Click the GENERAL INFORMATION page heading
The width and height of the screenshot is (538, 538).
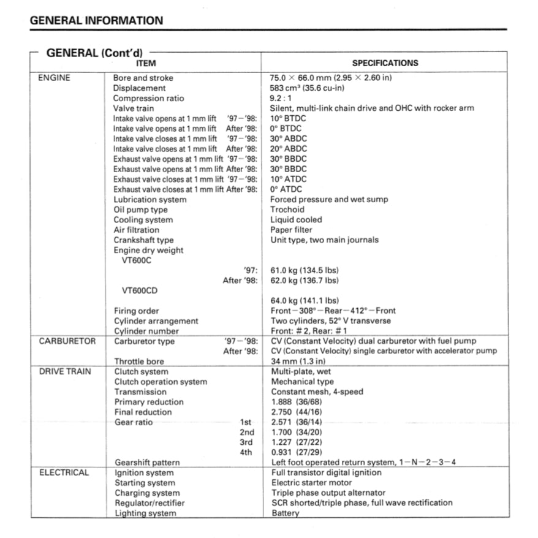click(x=96, y=20)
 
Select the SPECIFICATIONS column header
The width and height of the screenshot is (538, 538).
click(x=385, y=63)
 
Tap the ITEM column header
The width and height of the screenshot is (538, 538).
click(x=145, y=63)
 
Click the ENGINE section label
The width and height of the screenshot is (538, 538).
click(x=54, y=78)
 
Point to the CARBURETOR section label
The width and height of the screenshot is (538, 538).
click(x=67, y=341)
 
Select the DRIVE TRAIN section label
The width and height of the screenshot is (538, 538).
click(x=65, y=371)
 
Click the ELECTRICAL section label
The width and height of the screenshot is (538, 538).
click(x=64, y=472)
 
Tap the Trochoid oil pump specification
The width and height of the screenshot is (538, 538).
click(x=287, y=210)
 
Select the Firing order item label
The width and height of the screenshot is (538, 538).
click(x=136, y=311)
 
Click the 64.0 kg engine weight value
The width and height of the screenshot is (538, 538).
click(x=305, y=301)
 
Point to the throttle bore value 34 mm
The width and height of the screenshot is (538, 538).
click(x=298, y=362)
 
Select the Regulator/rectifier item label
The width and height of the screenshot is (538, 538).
click(x=150, y=503)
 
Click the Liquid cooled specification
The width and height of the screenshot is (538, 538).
click(x=296, y=219)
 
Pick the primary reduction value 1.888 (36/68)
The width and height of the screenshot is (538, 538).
click(x=297, y=402)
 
